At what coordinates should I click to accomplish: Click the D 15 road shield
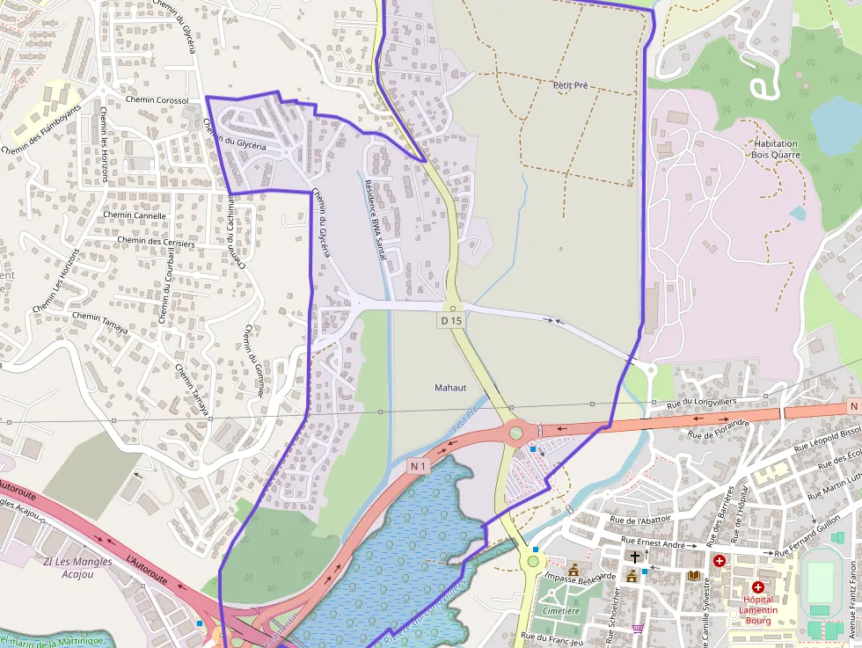(451, 321)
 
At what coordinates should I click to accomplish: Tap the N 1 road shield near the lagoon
(419, 465)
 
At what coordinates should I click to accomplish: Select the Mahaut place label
(450, 388)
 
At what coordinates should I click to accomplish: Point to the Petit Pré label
(570, 85)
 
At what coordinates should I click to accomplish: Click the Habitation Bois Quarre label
(775, 149)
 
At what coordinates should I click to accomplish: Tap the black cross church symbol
(635, 557)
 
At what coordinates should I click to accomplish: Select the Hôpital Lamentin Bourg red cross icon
(757, 586)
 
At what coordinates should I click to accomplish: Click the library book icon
(694, 575)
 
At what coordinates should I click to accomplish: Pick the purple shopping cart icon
(637, 628)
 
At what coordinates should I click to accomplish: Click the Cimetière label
(561, 610)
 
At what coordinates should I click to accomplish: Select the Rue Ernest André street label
(653, 543)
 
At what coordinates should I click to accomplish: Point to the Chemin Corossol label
(157, 100)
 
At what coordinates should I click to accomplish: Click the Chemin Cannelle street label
(135, 215)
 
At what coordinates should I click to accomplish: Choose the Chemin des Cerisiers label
(156, 241)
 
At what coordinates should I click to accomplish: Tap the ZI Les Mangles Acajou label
(78, 568)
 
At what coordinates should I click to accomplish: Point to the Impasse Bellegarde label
(579, 578)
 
